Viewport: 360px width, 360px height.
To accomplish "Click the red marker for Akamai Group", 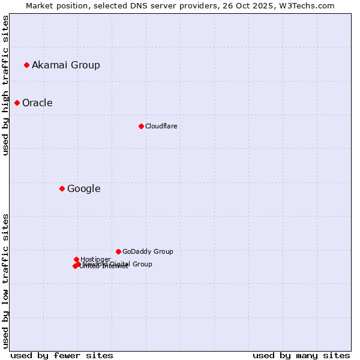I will (x=26, y=65).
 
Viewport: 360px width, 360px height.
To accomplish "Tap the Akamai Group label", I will (x=66, y=65).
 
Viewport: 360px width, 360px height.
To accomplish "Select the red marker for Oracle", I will (x=17, y=103).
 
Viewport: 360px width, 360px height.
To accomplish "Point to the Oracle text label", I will (x=37, y=103).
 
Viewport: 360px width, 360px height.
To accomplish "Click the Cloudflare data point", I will (x=141, y=126).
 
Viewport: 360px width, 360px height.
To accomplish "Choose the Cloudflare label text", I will (x=161, y=126).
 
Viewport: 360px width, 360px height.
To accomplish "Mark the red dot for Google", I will (x=62, y=188).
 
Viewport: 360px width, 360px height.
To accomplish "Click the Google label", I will (x=83, y=188).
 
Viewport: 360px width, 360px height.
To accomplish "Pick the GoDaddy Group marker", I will (x=118, y=251).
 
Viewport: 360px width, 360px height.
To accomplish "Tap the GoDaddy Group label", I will (x=148, y=251).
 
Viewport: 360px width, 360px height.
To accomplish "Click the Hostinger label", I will (x=95, y=259).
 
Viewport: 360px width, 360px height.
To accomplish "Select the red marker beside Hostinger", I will (x=76, y=259).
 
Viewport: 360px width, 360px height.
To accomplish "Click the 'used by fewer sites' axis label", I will (x=62, y=355).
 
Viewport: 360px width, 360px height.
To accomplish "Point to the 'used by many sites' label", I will (x=301, y=355).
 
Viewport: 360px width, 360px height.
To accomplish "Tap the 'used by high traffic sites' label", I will (x=5, y=85).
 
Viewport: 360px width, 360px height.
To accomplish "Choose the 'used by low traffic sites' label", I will (x=5, y=280).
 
